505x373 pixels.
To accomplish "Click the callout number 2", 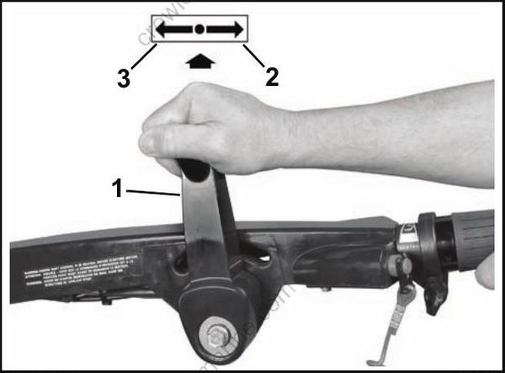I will click(271, 77).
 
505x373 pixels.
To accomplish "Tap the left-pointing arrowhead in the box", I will click(163, 29).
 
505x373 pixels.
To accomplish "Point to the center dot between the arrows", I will click(199, 29).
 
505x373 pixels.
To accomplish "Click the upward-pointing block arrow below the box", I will click(199, 61).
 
